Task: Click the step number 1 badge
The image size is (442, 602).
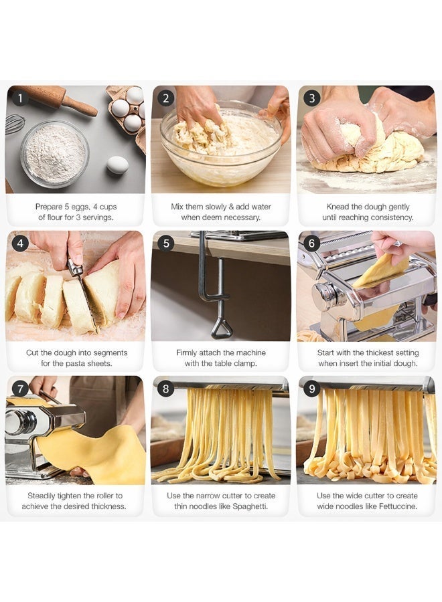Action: [x=20, y=98]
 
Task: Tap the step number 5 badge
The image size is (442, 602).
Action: [x=166, y=243]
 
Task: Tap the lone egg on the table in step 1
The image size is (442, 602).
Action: [x=117, y=165]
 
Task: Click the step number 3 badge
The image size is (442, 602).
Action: [x=311, y=98]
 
